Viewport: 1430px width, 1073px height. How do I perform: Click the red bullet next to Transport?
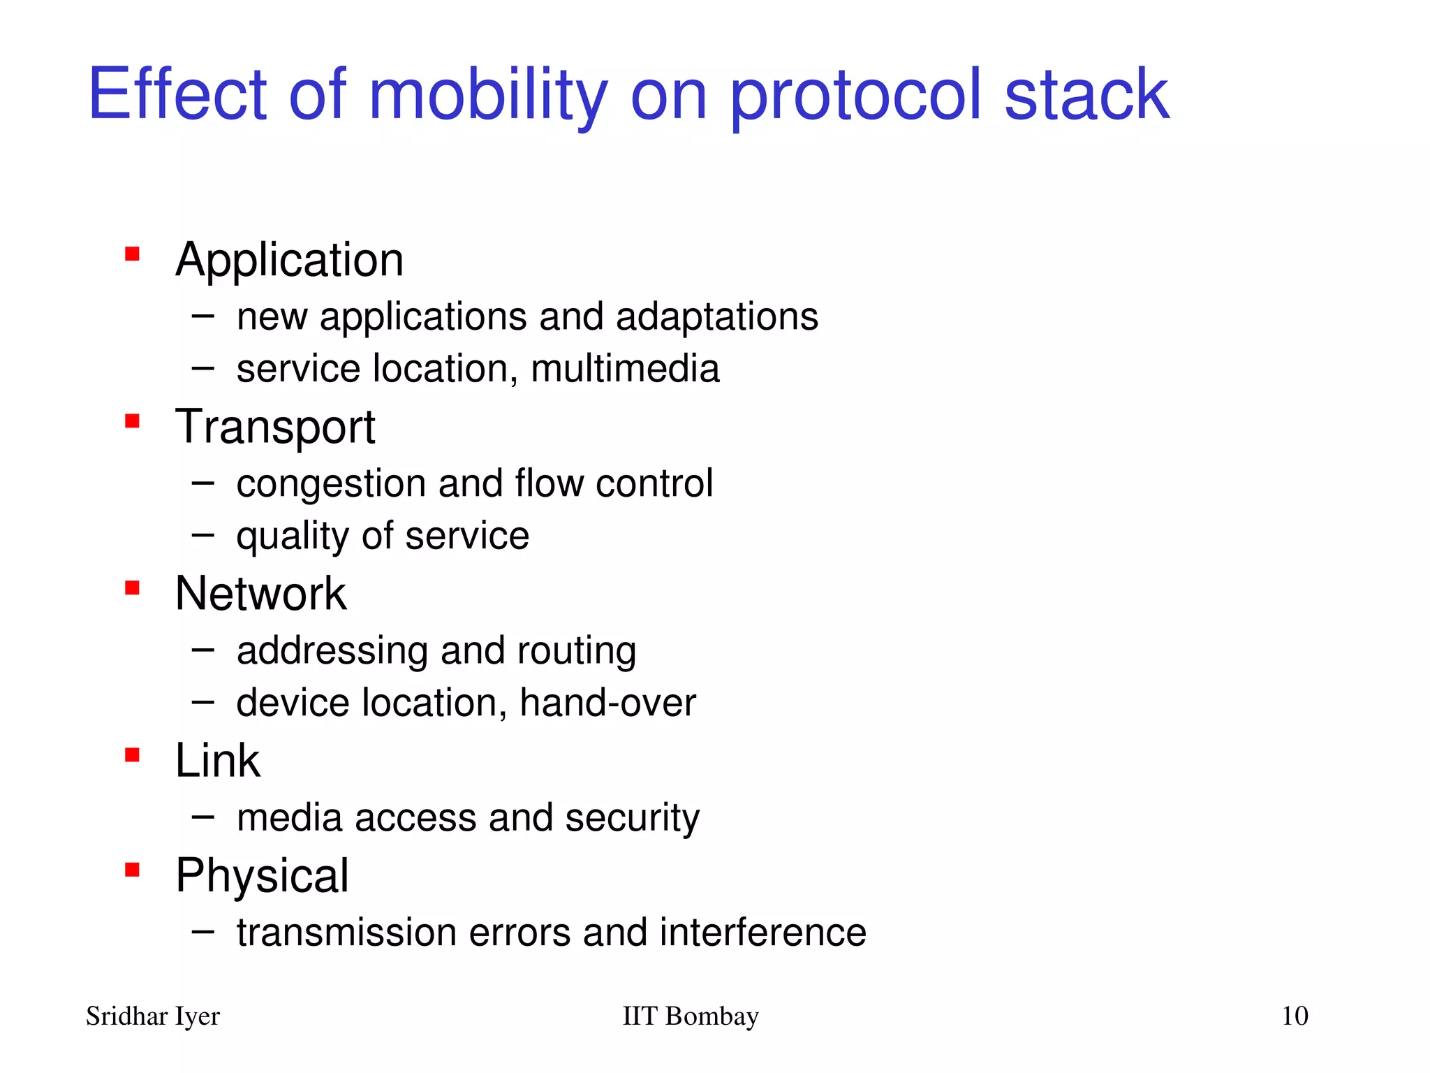coord(132,421)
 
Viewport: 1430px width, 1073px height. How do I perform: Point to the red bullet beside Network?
coord(132,587)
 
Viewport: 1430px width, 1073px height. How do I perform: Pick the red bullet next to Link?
coord(132,754)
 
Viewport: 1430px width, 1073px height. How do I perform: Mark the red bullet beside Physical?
coord(132,870)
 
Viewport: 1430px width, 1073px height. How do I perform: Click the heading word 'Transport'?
coord(275,427)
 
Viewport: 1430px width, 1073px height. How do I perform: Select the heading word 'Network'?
coord(260,594)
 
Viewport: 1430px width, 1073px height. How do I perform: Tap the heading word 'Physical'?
coord(262,876)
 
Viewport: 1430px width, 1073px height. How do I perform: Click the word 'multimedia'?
coord(625,368)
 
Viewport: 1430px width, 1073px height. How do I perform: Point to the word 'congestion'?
coord(331,484)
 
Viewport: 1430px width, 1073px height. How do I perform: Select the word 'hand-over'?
coord(607,703)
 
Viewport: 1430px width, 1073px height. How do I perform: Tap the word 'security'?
coord(632,818)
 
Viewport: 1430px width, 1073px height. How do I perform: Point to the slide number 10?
coord(1295,1016)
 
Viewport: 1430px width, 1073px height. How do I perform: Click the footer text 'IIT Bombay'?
coord(690,1016)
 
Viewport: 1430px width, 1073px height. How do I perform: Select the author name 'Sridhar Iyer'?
coord(153,1016)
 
